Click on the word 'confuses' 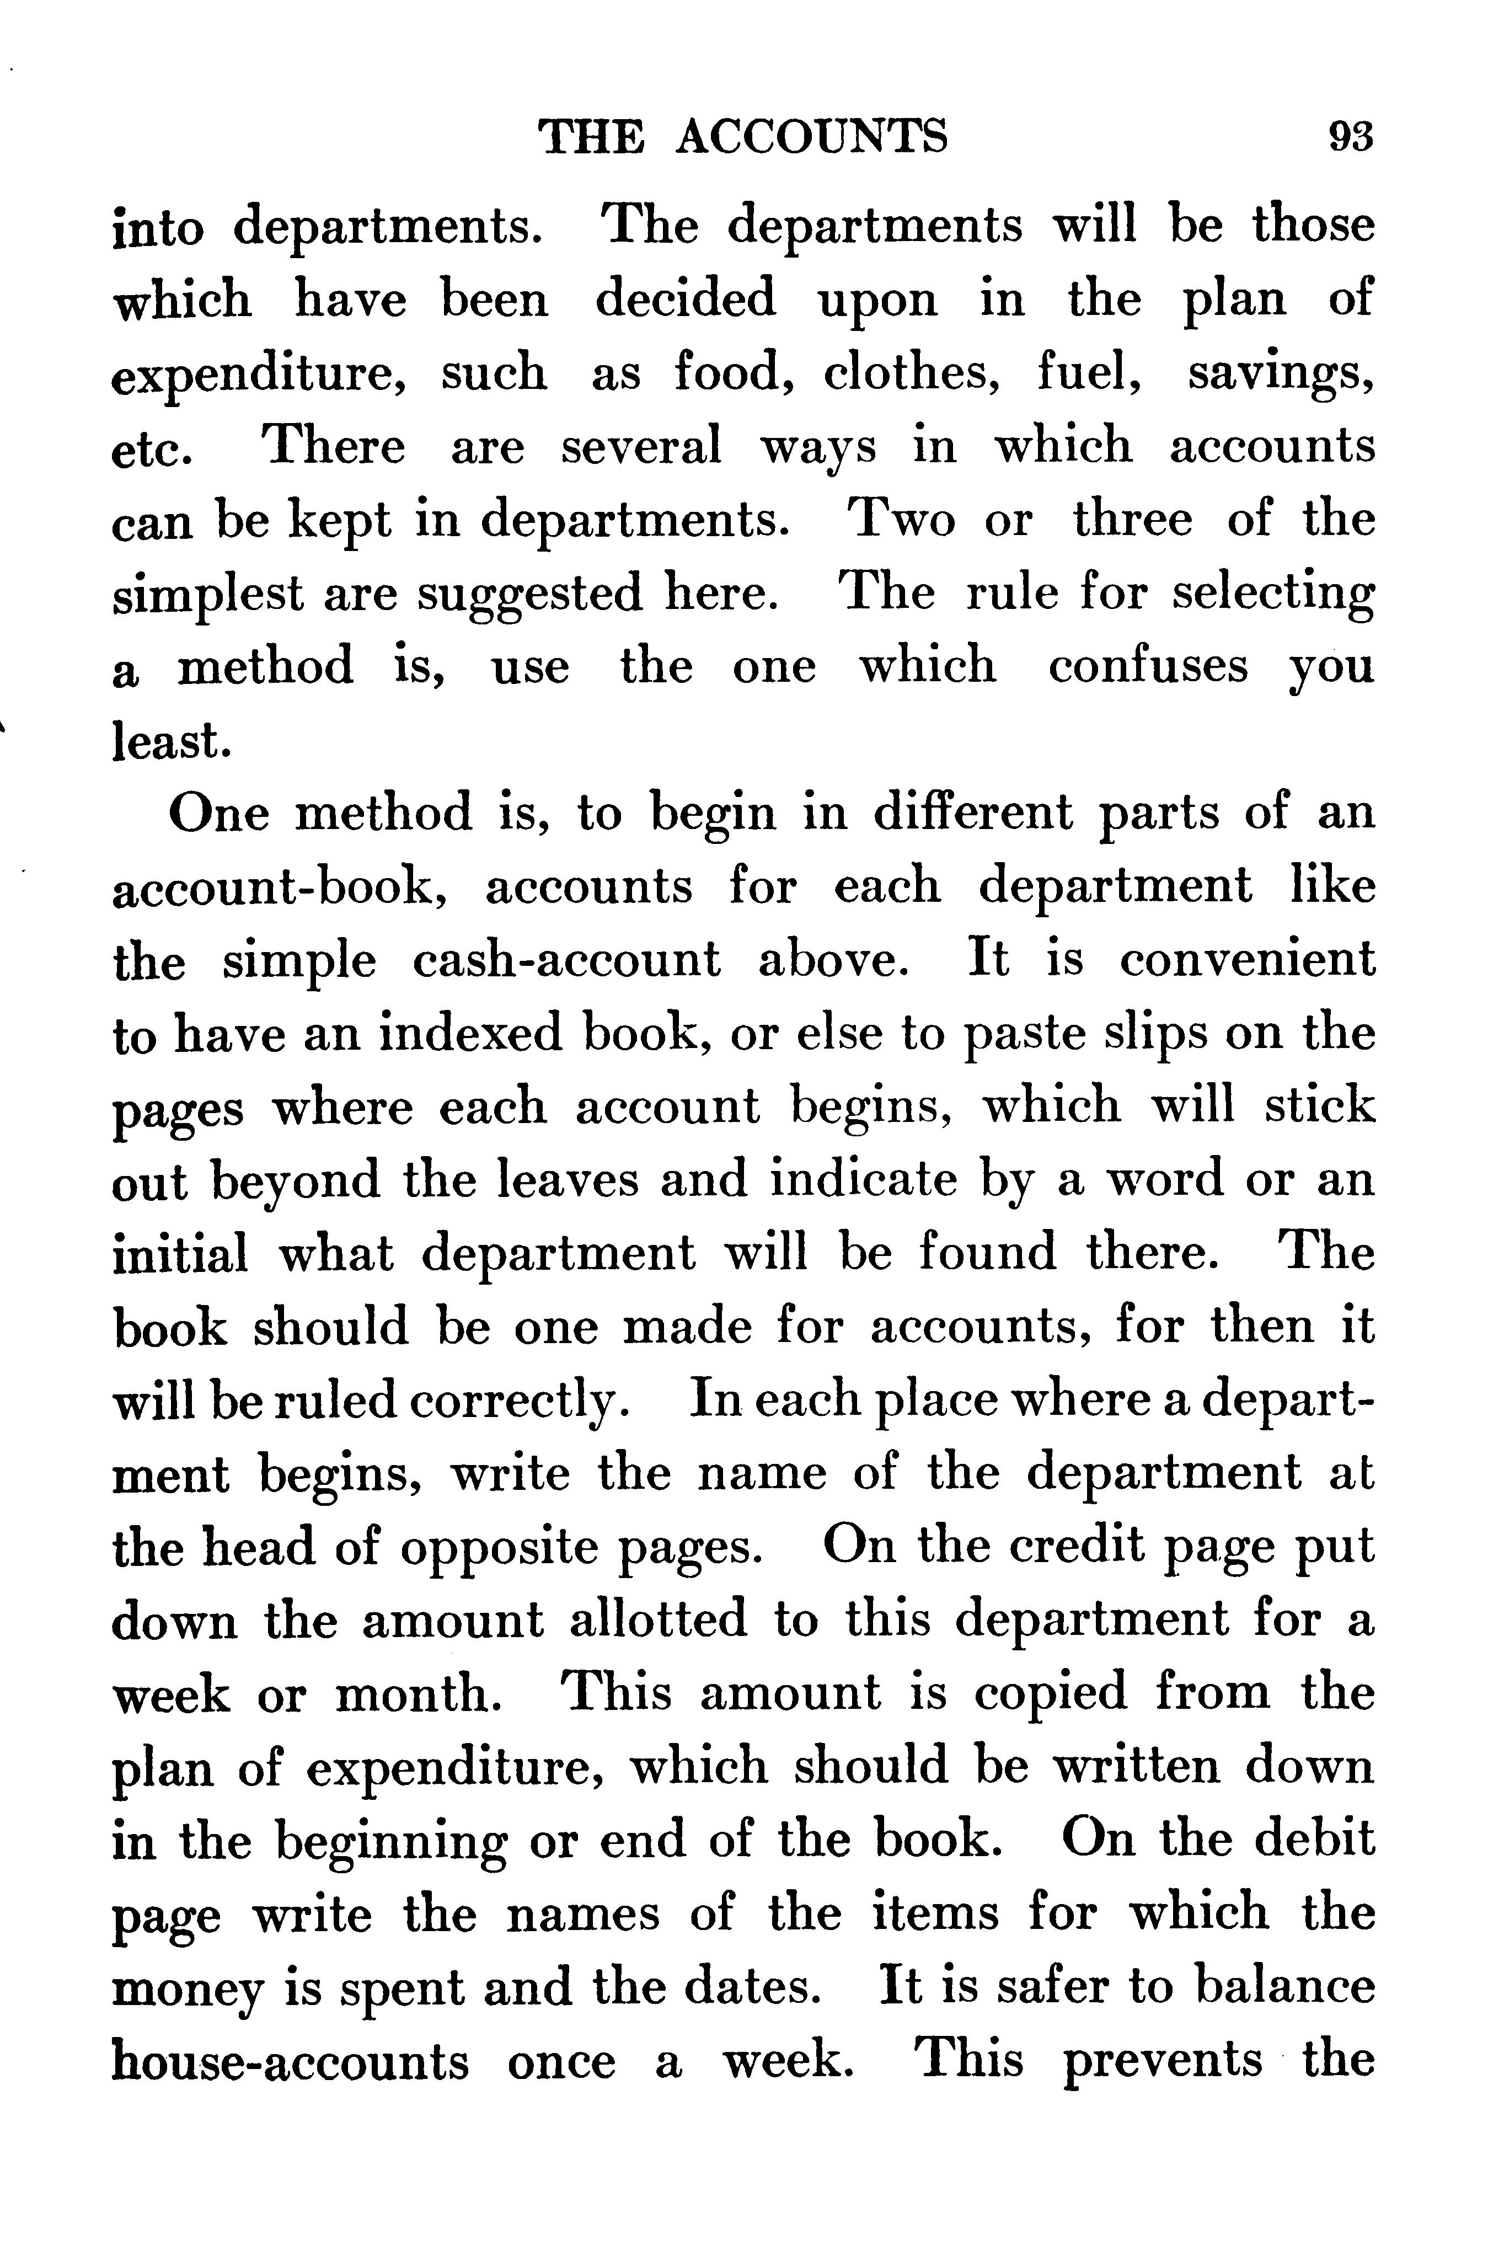[x=1147, y=666]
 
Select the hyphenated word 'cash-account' [x=566, y=960]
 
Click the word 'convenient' [x=1246, y=960]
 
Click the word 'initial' [x=180, y=1254]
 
